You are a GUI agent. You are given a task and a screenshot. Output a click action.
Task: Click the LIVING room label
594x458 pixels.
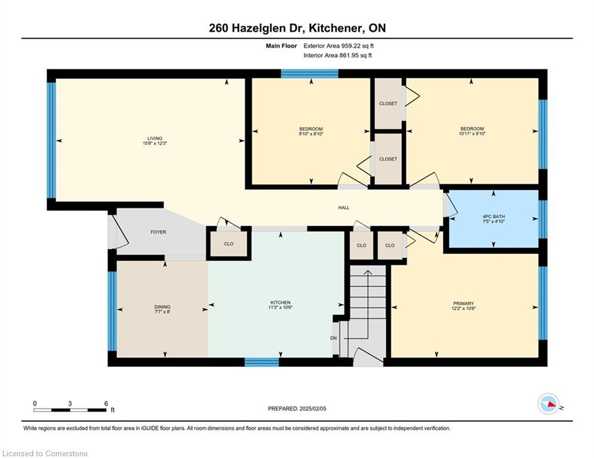pos(155,138)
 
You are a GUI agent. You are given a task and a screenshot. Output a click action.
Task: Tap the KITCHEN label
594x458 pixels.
pos(281,302)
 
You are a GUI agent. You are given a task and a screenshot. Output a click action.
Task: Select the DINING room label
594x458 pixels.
pos(162,307)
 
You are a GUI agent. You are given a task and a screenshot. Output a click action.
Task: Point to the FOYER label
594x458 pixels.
pos(158,232)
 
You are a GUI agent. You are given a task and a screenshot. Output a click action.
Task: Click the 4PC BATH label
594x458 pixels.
pos(494,216)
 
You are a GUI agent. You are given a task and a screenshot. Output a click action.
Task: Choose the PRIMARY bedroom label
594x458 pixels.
pos(464,304)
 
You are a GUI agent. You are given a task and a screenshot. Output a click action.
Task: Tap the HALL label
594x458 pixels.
pos(344,208)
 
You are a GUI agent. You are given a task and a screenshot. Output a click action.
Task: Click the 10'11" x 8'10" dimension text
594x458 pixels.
pos(472,134)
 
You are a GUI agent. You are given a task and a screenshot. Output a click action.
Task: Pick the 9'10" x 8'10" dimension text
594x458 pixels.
pos(311,134)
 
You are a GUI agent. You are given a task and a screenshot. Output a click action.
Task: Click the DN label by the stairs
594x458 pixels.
pos(333,338)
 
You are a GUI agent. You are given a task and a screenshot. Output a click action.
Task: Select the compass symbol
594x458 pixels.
pos(549,404)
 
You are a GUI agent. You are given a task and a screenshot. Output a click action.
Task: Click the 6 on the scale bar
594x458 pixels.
pos(106,404)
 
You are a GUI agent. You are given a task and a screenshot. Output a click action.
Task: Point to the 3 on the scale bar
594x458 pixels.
pos(70,404)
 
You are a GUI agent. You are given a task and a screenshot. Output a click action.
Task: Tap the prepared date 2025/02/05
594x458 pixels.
pos(313,409)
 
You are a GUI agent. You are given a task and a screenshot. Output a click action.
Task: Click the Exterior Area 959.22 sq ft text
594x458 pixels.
pos(338,46)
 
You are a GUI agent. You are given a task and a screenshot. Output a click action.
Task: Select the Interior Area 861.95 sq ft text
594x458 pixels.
pos(337,55)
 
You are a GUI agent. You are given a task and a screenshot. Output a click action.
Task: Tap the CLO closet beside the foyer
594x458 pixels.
pos(229,244)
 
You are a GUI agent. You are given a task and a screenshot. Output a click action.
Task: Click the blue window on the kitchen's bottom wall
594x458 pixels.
pos(261,362)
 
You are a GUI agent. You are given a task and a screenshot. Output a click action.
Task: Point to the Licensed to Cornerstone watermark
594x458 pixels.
pos(45,453)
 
